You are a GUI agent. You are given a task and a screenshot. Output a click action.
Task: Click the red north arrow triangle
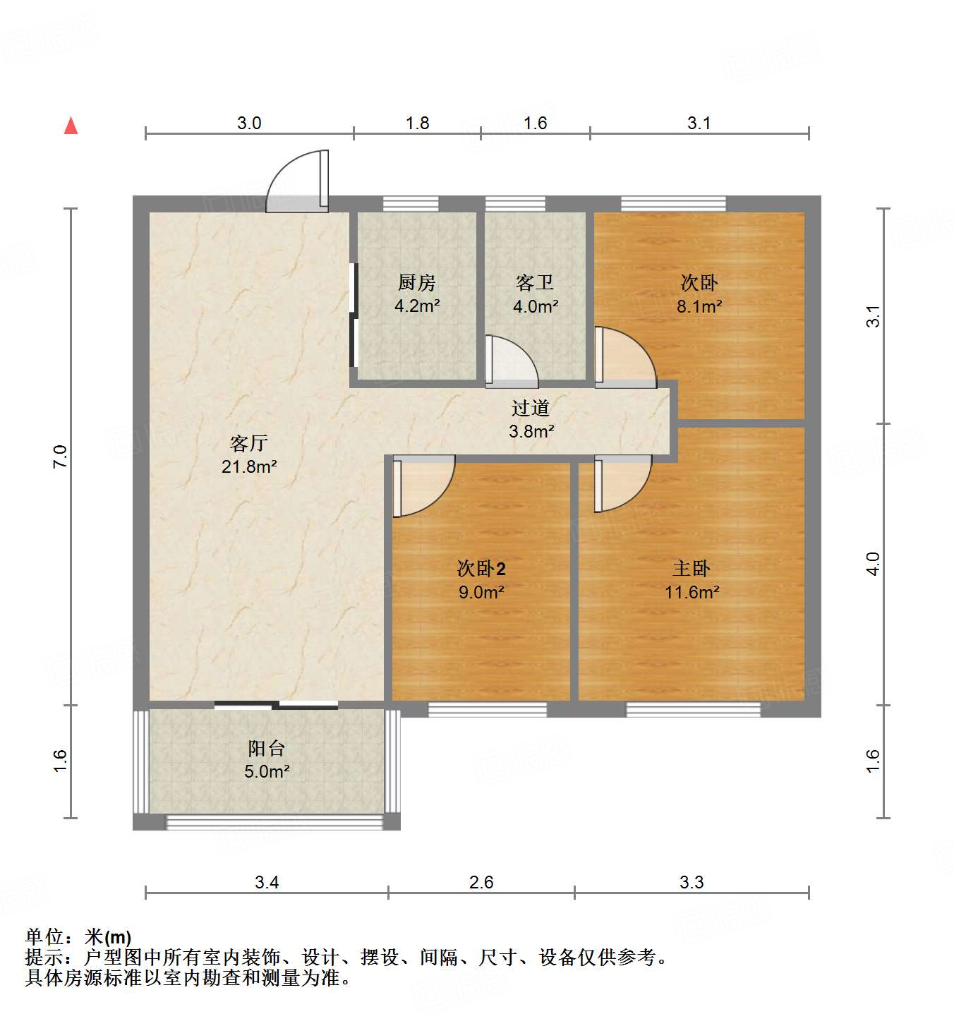coord(71,126)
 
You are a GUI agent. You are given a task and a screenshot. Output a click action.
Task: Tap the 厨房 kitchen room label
coord(417,283)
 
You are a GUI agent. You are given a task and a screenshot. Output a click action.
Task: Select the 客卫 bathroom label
coord(535,283)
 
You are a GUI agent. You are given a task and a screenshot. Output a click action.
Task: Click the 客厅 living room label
coord(248,443)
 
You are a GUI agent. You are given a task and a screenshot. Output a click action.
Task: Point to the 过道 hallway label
coord(531,408)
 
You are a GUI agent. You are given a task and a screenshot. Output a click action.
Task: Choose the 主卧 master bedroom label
coord(692,569)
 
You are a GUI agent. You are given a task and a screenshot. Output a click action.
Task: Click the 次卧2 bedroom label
coord(481,569)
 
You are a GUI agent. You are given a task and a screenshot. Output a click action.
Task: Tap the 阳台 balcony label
coord(266,749)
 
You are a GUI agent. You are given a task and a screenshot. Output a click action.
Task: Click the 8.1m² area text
coord(699,306)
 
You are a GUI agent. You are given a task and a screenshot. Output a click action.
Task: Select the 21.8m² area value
coord(248,466)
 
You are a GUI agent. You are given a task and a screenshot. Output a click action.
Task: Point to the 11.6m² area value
coord(692,592)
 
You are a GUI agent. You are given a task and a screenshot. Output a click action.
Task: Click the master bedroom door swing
coord(621,483)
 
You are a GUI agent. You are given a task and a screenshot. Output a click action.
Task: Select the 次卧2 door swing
coord(421,487)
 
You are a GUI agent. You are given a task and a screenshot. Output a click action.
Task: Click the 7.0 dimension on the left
coord(61,457)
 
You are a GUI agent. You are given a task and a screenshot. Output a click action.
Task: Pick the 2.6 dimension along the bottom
coord(481,882)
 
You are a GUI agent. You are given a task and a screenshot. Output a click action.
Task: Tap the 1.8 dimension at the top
coord(417,123)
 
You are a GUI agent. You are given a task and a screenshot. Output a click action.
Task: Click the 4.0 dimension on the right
coord(873,564)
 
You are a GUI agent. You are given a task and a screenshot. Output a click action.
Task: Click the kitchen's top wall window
coord(411,204)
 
